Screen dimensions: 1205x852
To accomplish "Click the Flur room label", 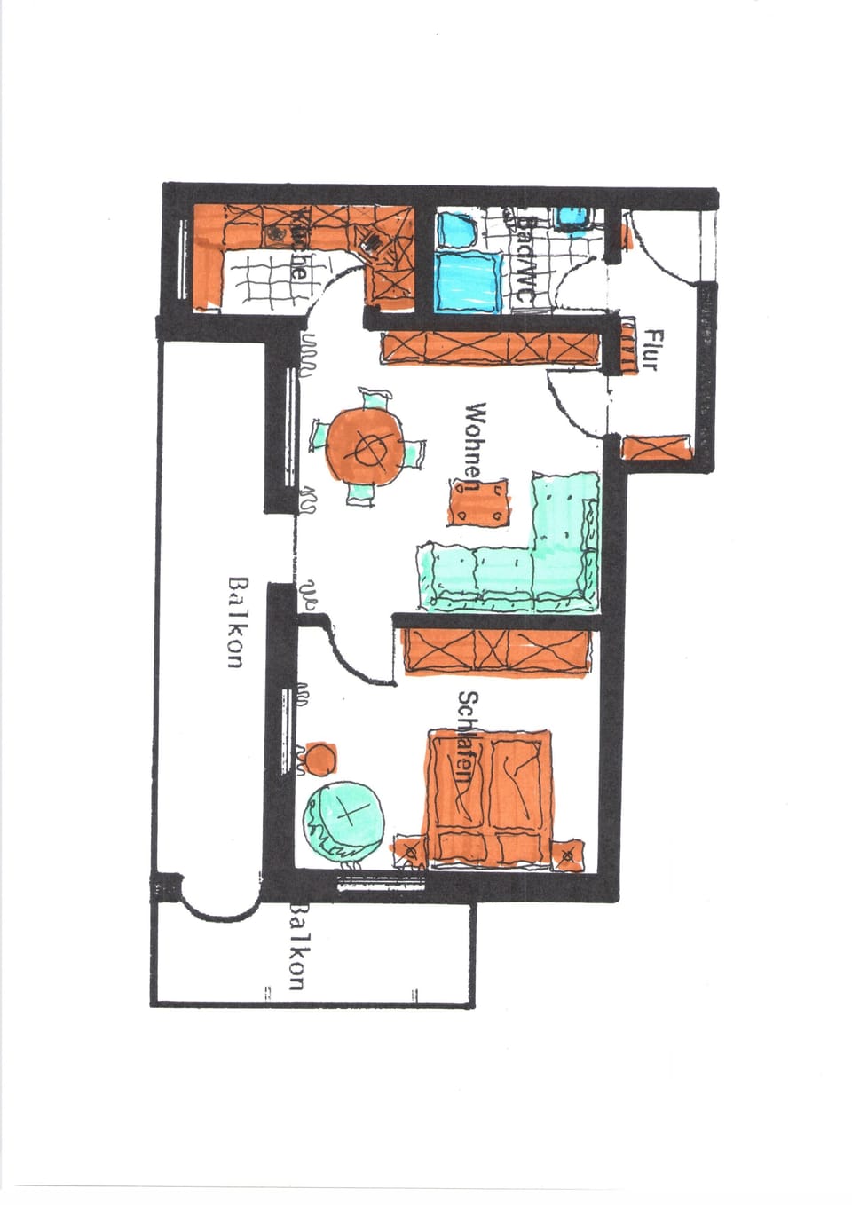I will click(x=655, y=350).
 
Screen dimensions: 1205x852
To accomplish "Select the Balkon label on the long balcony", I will click(x=235, y=621).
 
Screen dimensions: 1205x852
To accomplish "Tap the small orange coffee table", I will click(x=479, y=503).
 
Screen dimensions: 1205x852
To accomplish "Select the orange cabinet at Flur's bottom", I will click(x=658, y=447).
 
